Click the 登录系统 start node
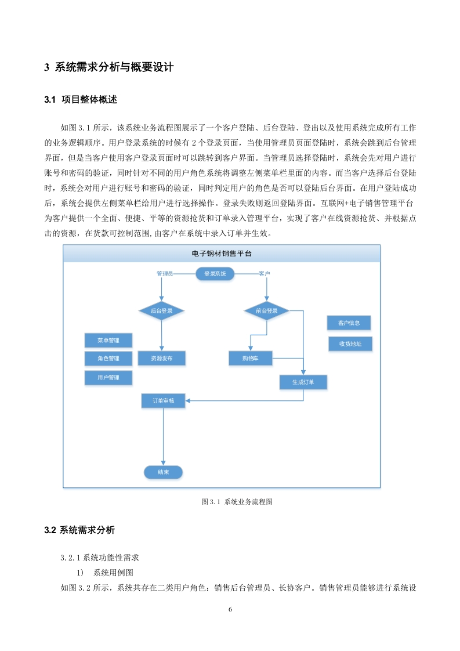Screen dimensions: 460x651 [215, 274]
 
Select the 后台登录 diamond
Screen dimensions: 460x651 [161, 310]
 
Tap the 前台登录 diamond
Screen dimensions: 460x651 [266, 310]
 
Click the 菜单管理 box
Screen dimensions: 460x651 [108, 341]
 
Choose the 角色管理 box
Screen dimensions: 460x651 [108, 359]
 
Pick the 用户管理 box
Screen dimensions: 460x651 [108, 377]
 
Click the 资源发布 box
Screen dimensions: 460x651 [161, 359]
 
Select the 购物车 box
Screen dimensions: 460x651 [251, 359]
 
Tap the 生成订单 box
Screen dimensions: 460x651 [303, 382]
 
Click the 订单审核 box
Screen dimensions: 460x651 [163, 401]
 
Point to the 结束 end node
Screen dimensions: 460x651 [163, 472]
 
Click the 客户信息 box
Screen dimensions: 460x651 [349, 323]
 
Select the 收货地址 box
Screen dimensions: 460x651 [350, 343]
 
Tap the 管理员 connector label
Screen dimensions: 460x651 [164, 274]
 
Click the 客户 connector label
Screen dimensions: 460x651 [264, 274]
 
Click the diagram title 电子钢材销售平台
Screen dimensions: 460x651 [222, 253]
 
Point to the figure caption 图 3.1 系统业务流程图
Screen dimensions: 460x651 [237, 501]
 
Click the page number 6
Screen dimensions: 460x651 [230, 609]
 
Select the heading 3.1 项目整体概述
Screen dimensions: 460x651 [81, 100]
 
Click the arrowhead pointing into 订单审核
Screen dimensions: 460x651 [187, 401]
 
